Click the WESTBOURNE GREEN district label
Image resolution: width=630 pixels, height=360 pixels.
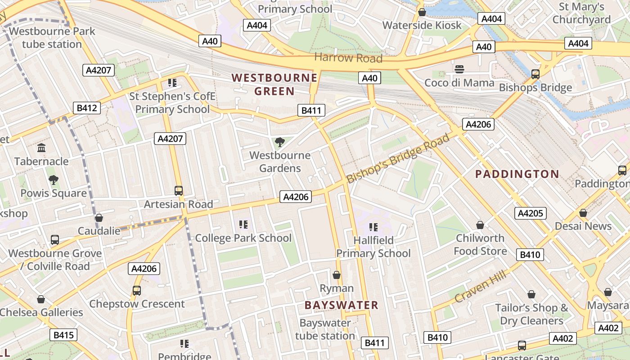(x=274, y=84)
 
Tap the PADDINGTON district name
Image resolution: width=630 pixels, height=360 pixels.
(x=517, y=174)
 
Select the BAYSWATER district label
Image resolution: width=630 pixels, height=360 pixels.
(x=341, y=305)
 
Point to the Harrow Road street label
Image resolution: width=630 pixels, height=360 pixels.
(x=348, y=58)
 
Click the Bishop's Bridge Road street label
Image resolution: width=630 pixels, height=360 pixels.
(x=398, y=158)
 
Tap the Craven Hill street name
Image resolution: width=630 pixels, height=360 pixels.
(x=480, y=286)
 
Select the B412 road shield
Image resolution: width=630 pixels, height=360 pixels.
(x=86, y=108)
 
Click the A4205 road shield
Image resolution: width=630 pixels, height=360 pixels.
(x=531, y=213)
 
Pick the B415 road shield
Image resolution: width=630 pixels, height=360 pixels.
(x=63, y=335)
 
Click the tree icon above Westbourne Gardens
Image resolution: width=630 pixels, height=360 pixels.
(x=279, y=143)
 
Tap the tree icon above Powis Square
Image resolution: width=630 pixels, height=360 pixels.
(x=54, y=180)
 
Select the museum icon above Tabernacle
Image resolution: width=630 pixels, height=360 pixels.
(x=42, y=148)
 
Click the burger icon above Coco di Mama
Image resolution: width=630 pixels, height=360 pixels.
(x=459, y=69)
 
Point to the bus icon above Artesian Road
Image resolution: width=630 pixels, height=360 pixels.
(x=179, y=191)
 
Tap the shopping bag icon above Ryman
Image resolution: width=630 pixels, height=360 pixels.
(x=336, y=275)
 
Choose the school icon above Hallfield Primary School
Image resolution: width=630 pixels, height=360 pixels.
(x=373, y=227)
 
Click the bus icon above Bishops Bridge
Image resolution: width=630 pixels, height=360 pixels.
(x=535, y=74)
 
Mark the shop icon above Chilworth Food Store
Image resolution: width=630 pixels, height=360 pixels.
(x=480, y=225)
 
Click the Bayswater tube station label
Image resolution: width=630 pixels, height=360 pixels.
(x=325, y=329)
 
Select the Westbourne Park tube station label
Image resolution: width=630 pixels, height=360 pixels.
(x=52, y=38)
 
